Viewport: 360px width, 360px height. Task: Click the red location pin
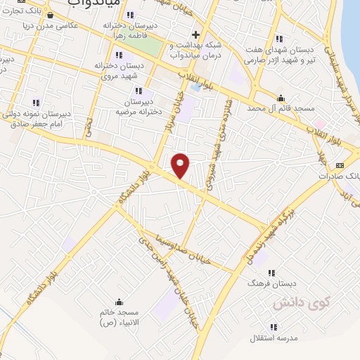tap(181, 165)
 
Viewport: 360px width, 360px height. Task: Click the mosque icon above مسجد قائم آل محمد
tap(281, 98)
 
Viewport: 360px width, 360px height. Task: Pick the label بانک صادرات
tap(342, 176)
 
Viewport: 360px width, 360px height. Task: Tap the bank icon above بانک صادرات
tap(340, 166)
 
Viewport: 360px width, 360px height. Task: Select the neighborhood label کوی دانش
tap(292, 303)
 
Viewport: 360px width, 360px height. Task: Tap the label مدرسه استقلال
tap(274, 337)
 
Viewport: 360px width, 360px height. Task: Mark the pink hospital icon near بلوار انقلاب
tap(309, 124)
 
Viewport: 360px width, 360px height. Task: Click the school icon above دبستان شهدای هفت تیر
tap(279, 39)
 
